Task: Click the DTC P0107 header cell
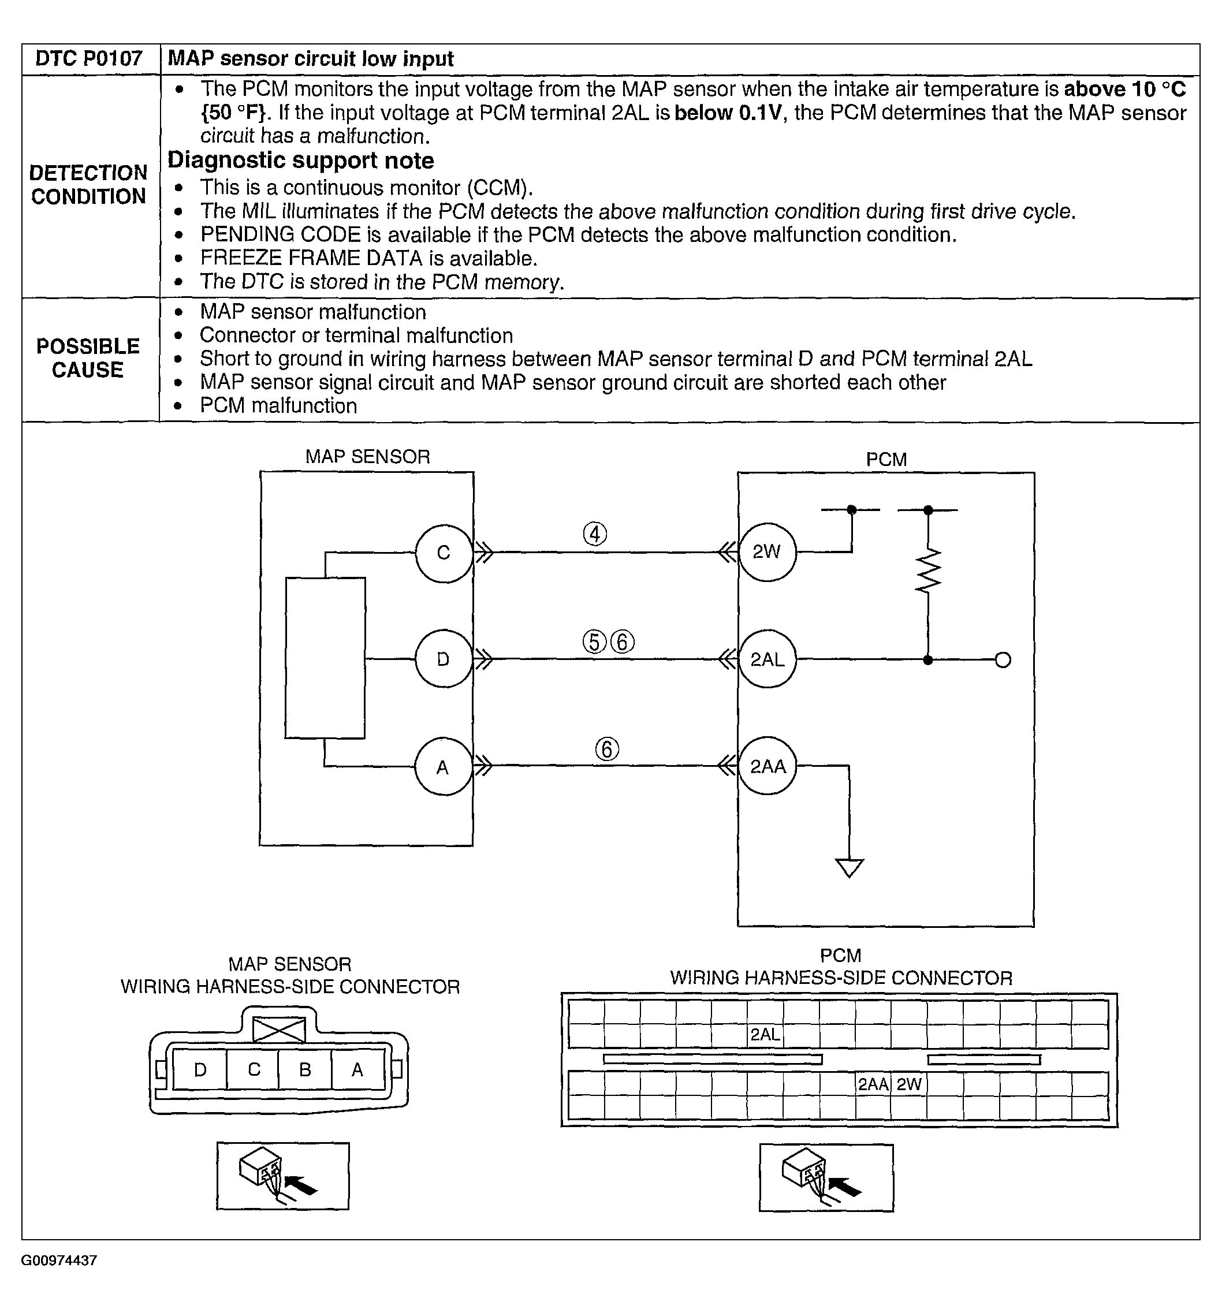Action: point(89,58)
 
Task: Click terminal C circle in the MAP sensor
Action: point(443,553)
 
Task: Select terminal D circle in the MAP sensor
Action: point(443,659)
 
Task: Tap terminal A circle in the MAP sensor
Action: point(443,767)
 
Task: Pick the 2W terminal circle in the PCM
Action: point(766,553)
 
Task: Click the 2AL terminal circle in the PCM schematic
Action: point(766,659)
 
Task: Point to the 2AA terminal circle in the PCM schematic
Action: point(767,766)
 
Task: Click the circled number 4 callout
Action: point(594,534)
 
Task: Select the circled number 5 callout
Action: point(594,642)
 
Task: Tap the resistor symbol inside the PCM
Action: point(927,570)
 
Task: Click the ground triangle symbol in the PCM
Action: point(849,868)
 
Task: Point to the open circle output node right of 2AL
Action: point(1003,660)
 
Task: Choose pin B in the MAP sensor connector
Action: point(305,1070)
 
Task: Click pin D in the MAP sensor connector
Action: point(200,1070)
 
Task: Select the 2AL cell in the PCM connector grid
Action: point(765,1034)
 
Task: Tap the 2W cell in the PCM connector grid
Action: point(908,1084)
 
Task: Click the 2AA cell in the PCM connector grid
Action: point(873,1084)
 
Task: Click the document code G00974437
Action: point(59,1260)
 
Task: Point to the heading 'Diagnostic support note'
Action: point(301,161)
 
